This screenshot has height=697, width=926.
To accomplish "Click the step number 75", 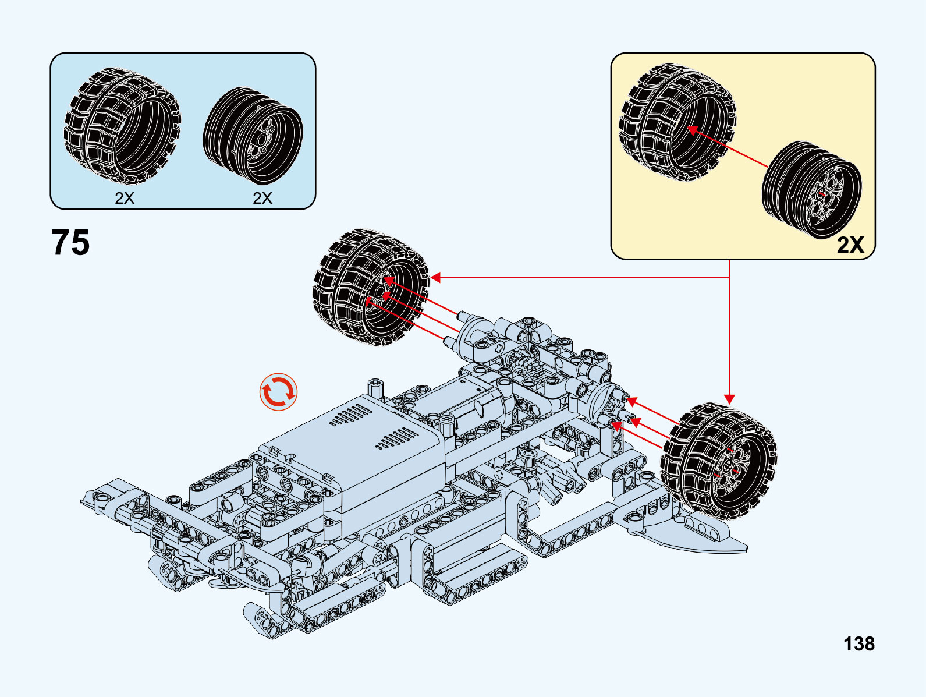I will (x=70, y=242).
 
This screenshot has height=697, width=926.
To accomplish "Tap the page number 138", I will (x=858, y=643).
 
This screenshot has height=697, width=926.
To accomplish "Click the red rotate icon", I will (x=278, y=392).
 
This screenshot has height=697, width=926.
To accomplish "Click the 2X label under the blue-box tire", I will (x=125, y=198).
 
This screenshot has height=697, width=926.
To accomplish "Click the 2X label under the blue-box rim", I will (x=262, y=198).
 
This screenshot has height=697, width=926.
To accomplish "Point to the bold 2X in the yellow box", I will (x=850, y=245).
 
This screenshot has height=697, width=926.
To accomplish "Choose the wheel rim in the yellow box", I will (x=811, y=189).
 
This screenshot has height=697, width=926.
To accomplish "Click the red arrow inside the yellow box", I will (x=728, y=147).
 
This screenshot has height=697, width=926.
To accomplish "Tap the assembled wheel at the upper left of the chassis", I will (x=370, y=287).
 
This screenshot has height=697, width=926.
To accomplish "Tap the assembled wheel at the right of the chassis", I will (x=718, y=461).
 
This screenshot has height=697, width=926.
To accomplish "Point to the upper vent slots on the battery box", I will (x=350, y=415).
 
